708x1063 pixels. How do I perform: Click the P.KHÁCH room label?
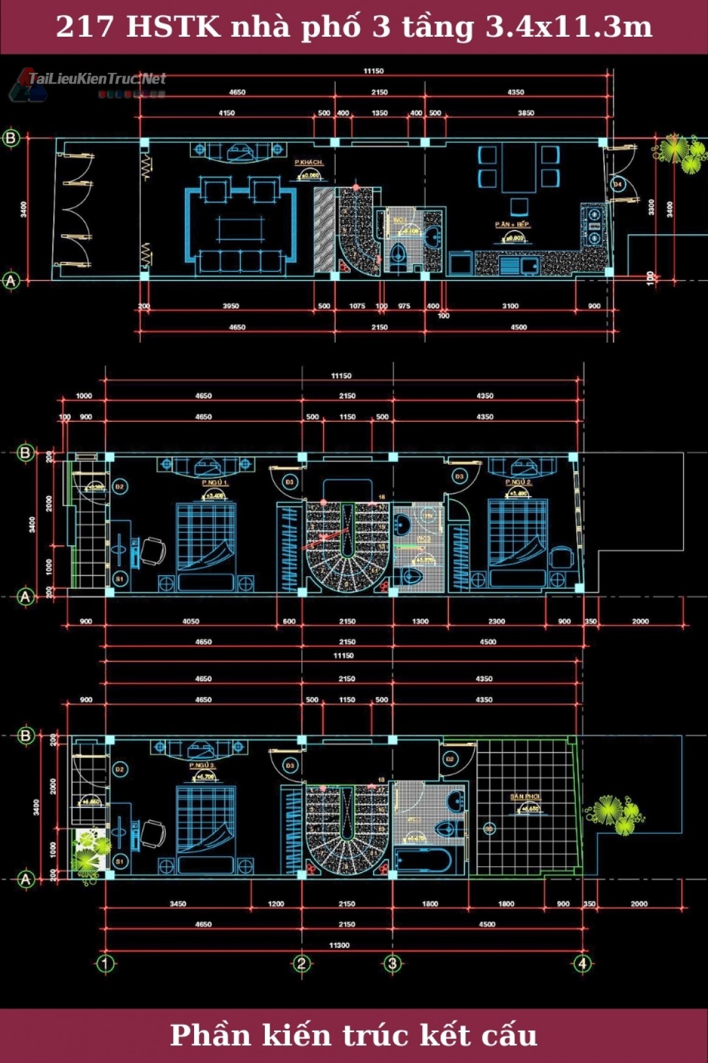pos(308,162)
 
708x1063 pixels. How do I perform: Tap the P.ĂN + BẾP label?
pos(513,224)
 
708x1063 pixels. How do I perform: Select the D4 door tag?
pos(617,185)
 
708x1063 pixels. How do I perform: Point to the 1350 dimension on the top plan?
pos(380,113)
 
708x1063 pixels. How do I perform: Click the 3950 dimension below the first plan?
pos(231,306)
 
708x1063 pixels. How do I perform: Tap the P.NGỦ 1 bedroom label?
pos(214,483)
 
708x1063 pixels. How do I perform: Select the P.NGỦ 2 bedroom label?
pos(518,482)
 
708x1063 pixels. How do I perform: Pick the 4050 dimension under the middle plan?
pos(191,621)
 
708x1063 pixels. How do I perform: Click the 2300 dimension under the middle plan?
pos(496,621)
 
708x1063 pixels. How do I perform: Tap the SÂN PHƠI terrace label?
pos(525,797)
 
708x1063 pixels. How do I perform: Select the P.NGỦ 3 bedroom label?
pos(202,766)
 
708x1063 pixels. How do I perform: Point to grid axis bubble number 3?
pos(392,963)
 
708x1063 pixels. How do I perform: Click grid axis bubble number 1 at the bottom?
pos(106,963)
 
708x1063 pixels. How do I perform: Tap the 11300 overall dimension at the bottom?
pos(339,945)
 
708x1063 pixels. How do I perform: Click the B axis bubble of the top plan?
pos(11,138)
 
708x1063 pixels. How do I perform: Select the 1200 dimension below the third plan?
pos(276,904)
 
